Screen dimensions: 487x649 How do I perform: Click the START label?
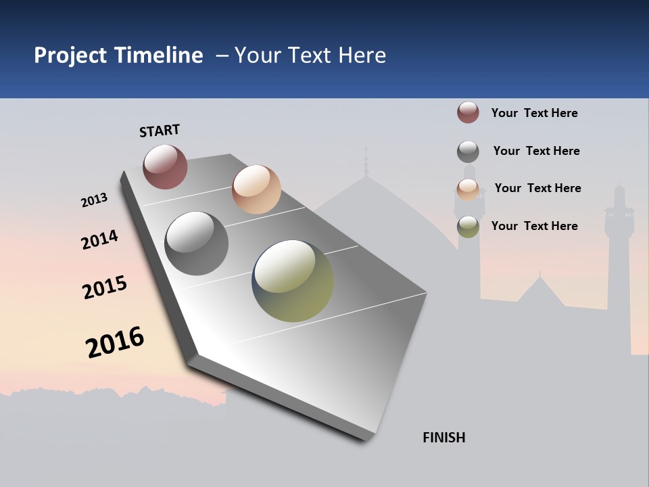coord(160,131)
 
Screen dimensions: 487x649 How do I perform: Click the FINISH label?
coord(444,438)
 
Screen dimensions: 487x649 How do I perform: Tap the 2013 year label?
coord(94,200)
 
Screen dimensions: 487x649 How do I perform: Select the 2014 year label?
coord(99,239)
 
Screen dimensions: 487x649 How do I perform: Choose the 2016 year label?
coord(115,342)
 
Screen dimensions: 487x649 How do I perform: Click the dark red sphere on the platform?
coord(165,166)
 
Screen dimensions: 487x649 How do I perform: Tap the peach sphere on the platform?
coord(256,189)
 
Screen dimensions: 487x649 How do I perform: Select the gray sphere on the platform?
coord(197,243)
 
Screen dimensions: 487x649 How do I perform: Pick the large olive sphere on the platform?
coord(293,281)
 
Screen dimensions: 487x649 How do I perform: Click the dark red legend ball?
coord(468,112)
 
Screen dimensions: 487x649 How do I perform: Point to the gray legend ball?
coord(468,152)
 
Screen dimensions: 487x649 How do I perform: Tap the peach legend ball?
coord(468,189)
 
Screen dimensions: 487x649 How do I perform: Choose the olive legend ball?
coord(468,227)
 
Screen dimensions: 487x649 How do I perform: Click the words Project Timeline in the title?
coord(118,55)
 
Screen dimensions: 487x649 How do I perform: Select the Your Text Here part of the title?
coord(310,55)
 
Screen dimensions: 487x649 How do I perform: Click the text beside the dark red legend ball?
coord(534,113)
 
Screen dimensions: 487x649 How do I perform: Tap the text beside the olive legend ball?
coord(534,226)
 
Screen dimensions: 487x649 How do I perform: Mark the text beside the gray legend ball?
coord(536,151)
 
